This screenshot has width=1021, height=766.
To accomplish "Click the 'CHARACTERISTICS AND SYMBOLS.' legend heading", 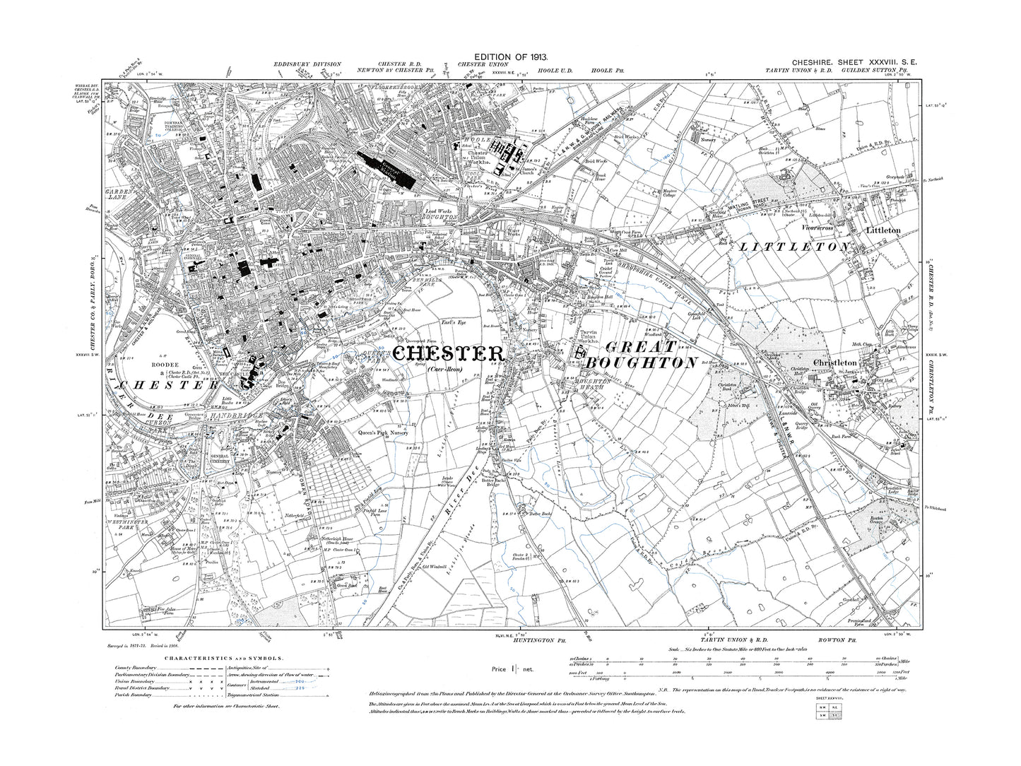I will coord(223,659).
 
